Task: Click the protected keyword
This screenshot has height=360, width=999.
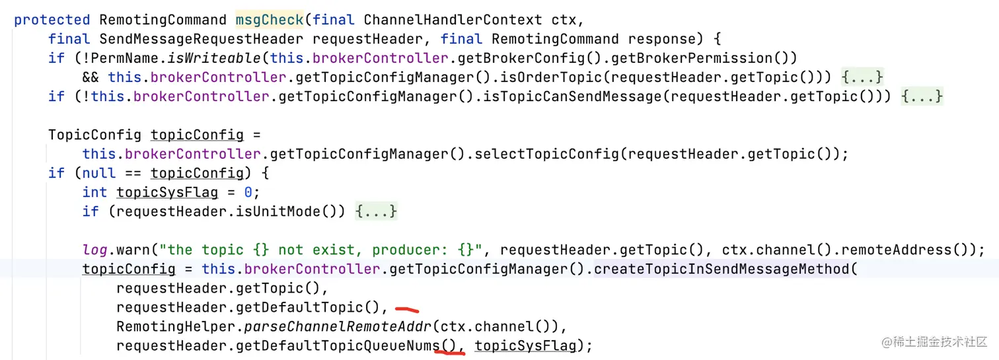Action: click(52, 20)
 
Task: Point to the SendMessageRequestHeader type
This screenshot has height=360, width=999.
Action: click(202, 39)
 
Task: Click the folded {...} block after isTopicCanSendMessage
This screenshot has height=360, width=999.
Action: click(922, 96)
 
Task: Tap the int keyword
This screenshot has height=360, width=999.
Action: click(94, 192)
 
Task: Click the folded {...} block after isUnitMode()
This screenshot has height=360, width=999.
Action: click(376, 211)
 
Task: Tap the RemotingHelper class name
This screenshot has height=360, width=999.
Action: click(172, 326)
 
